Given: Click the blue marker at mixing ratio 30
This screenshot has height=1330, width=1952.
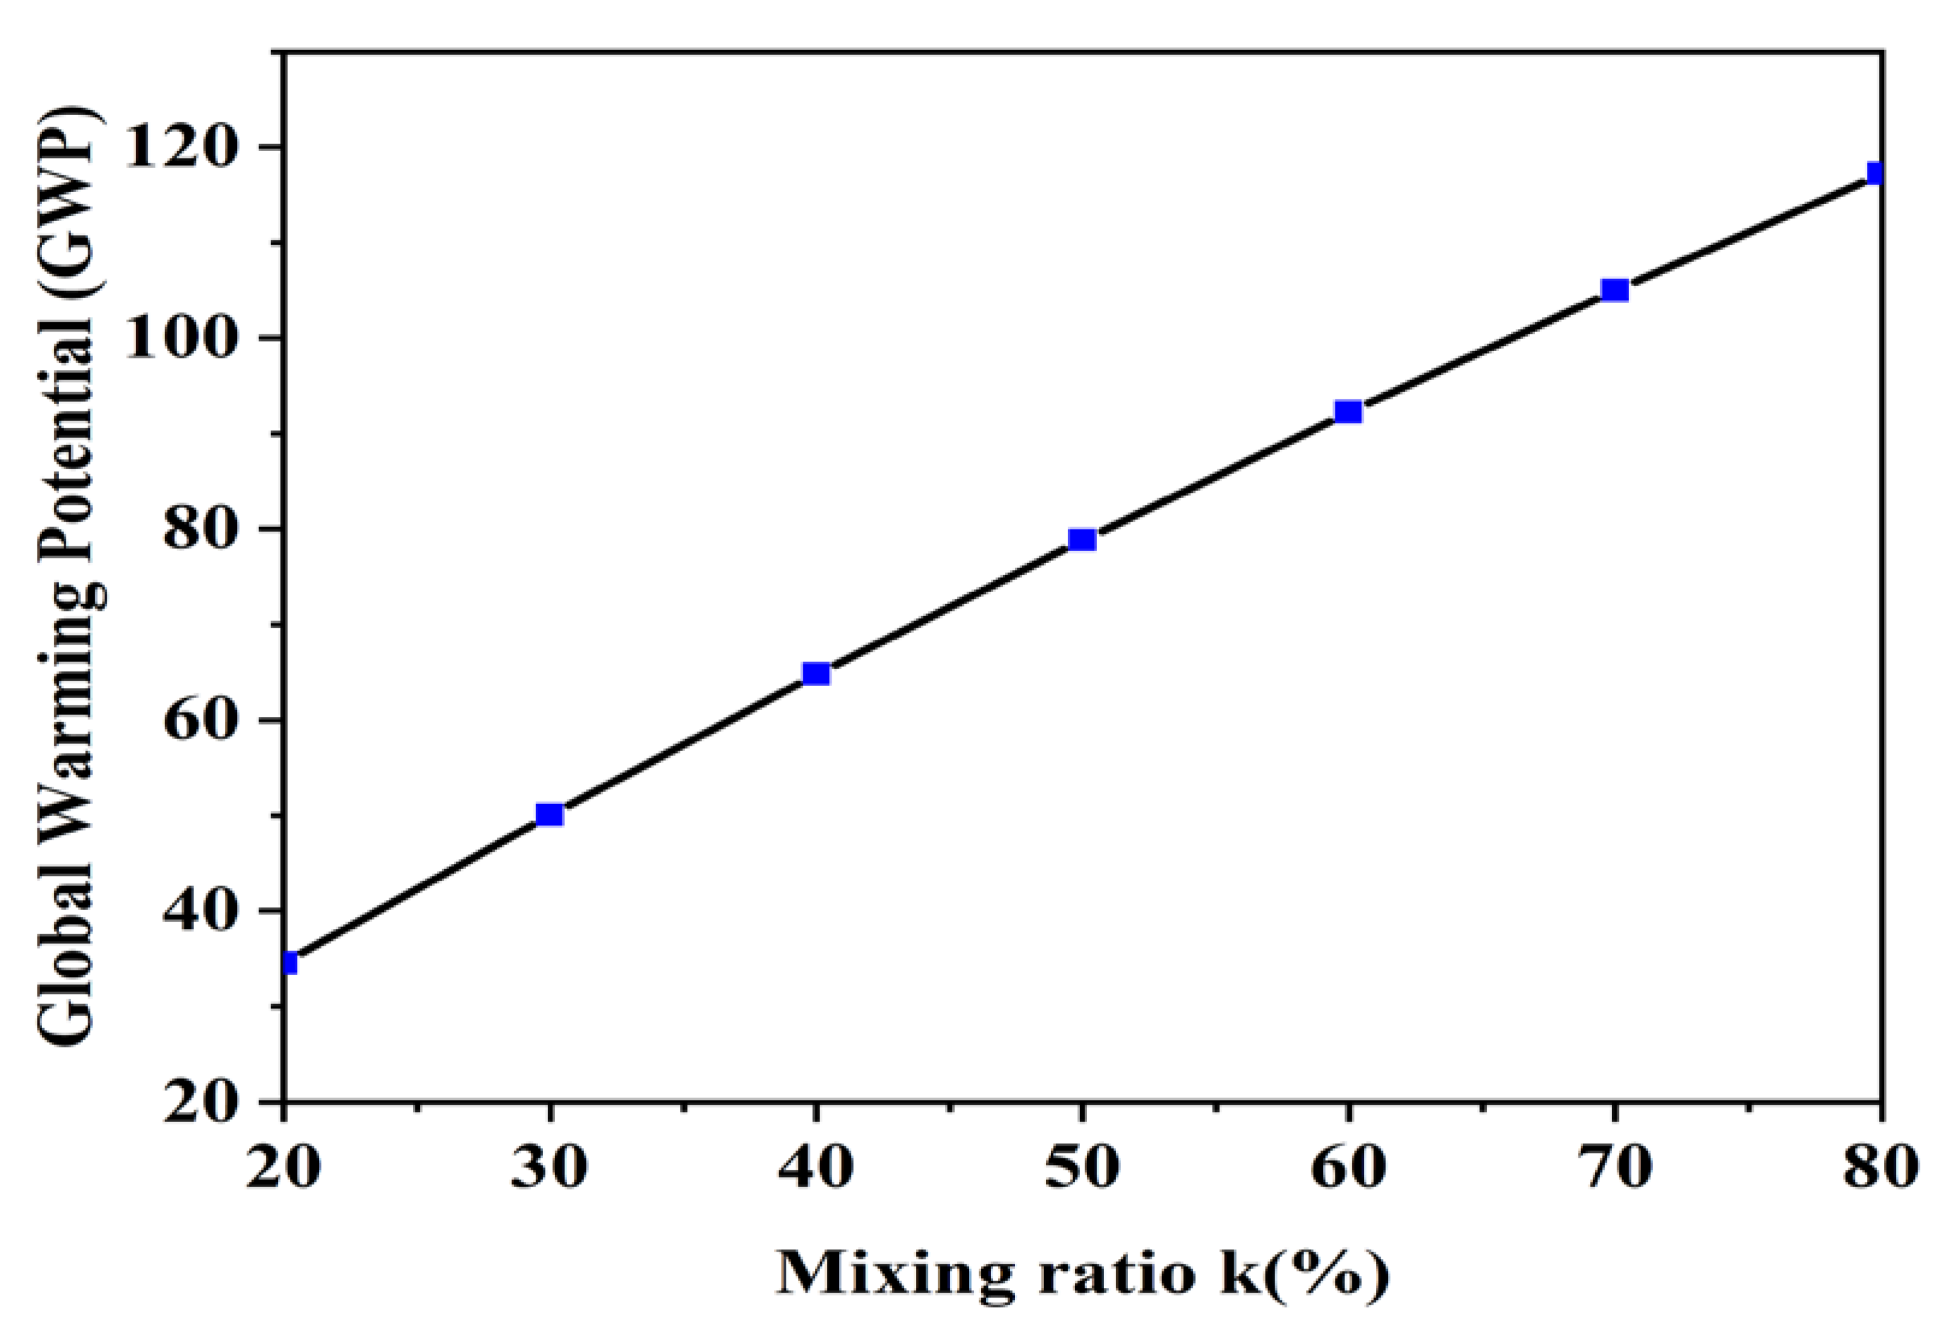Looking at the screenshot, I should (x=548, y=814).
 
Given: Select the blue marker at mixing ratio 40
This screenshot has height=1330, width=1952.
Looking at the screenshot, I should (x=815, y=673).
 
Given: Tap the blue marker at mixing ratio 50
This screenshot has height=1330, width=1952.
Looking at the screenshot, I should (x=1082, y=539).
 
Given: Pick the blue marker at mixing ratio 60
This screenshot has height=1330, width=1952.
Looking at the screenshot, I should (x=1348, y=411).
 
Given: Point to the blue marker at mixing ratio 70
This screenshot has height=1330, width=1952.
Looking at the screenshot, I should (x=1615, y=290).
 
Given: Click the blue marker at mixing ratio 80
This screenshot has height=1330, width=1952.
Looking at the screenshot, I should (x=1875, y=173).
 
